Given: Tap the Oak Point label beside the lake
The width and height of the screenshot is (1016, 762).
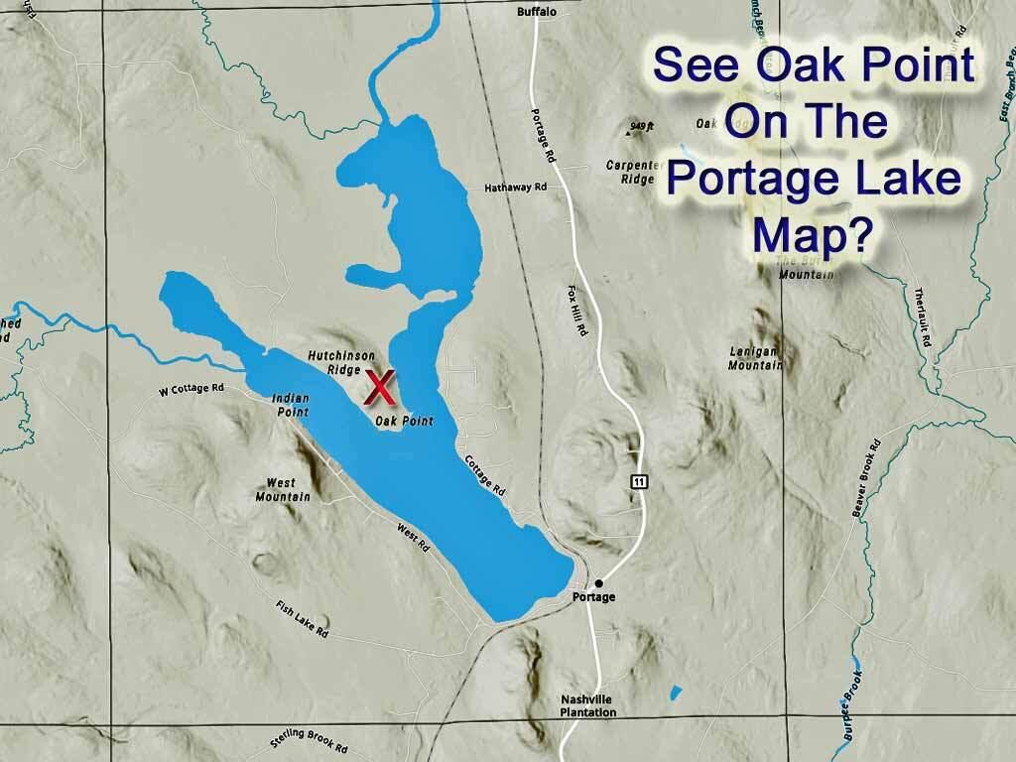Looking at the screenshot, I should coord(405,422).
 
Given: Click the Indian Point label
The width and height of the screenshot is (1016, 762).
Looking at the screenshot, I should coord(291,404).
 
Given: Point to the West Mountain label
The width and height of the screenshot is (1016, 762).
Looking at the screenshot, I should coord(283,490).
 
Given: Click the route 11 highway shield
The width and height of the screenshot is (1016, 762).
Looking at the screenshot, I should coord(640,481).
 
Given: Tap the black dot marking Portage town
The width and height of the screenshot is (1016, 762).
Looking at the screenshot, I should coord(598,582).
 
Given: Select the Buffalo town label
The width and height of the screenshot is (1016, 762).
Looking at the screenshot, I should coord(537,12).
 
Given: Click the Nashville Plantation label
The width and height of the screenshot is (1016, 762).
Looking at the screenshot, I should coord(586,704).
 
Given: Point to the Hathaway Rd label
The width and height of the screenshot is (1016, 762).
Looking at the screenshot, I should coord(516,187).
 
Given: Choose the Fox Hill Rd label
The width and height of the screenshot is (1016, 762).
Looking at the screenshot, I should coord(579,314).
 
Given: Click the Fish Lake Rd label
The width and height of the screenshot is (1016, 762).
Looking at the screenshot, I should coord(303,618).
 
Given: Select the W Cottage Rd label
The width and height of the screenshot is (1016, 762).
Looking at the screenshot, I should coord(191,389).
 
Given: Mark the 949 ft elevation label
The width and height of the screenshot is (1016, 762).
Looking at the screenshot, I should coord(643,126).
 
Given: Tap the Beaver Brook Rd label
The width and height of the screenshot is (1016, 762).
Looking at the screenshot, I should coord(860,479).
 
